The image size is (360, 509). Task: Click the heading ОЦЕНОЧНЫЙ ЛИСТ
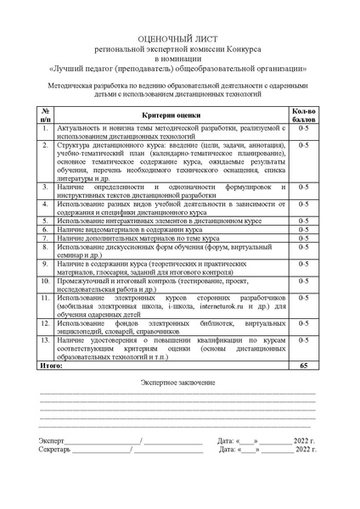click(179, 40)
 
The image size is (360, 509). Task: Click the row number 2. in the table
click(44, 145)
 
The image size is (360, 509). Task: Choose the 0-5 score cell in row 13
click(303, 343)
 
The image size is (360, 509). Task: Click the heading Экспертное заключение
click(178, 383)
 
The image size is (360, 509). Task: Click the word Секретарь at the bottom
click(55, 450)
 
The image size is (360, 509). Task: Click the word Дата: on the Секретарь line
click(226, 450)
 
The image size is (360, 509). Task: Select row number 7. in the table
click(44, 238)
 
